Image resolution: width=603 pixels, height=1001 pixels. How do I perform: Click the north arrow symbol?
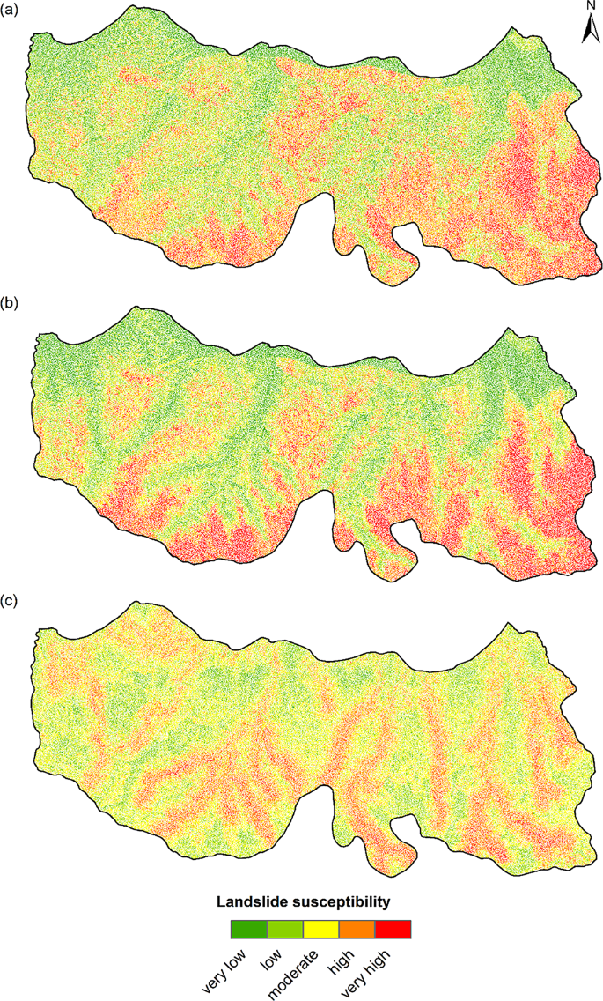[591, 31]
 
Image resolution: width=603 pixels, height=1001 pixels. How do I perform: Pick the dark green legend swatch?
[248, 929]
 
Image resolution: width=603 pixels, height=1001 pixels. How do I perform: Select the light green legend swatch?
[284, 929]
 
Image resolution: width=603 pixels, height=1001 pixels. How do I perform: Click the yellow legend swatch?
[320, 929]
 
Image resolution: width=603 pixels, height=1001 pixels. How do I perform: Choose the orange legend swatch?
[357, 929]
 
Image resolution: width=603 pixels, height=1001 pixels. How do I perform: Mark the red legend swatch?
[393, 929]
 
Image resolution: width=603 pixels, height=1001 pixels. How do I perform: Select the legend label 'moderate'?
[290, 974]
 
